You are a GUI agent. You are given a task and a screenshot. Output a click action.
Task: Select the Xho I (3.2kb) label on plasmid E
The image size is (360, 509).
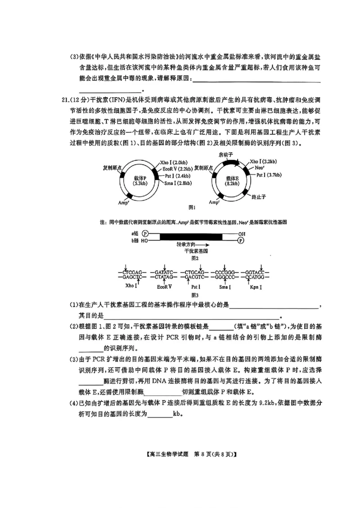click(263, 161)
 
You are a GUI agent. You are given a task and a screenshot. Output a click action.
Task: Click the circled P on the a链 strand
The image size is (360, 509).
click(145, 233)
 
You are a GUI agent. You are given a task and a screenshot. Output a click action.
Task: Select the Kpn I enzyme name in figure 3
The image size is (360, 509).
click(256, 286)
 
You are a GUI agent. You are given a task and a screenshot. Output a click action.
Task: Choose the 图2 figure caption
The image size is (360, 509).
click(194, 259)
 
